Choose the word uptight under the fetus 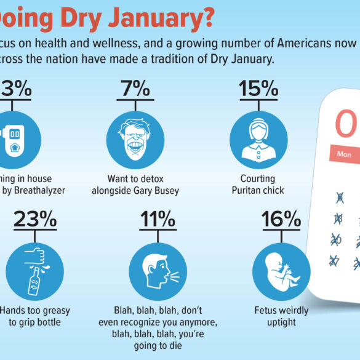point(281,322)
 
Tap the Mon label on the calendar point(344,154)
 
